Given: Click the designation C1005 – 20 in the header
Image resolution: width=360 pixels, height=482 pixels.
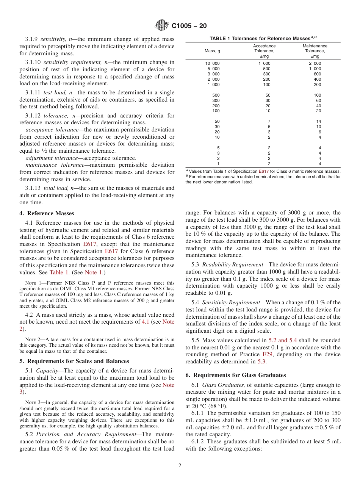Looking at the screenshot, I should (x=189, y=26).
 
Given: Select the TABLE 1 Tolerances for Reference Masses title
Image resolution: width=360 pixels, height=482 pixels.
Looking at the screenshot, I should (x=263, y=39).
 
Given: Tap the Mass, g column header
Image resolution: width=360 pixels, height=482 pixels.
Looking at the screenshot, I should (x=212, y=51).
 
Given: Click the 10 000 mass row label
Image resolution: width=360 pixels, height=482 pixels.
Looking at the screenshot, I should (x=212, y=63).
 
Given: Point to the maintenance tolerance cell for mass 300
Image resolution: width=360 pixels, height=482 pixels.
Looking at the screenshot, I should (x=318, y=100).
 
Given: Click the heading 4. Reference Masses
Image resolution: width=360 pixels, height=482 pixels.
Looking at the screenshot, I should (x=47, y=213).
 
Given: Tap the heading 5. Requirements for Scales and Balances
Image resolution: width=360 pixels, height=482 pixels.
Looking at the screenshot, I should (x=74, y=361).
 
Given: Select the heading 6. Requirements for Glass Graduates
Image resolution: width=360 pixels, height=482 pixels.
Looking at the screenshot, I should (x=236, y=375).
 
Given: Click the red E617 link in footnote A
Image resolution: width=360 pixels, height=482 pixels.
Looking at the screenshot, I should (x=263, y=171).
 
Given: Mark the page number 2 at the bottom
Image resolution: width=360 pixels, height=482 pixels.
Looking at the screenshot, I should (x=180, y=466).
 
